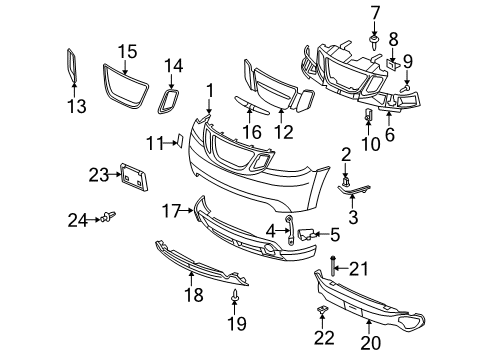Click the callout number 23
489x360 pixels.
97,174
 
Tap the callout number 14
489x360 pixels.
174,66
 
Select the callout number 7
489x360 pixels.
376,12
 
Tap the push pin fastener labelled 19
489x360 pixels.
236,296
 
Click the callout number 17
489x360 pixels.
172,211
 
